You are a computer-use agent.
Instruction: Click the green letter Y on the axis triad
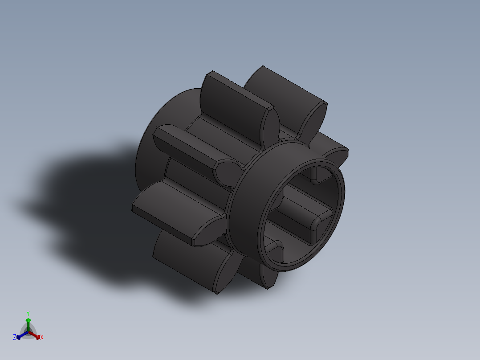pyautogui.click(x=28, y=313)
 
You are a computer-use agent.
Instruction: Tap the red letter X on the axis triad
pyautogui.click(x=42, y=337)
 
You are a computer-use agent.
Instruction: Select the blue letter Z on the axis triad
pyautogui.click(x=15, y=337)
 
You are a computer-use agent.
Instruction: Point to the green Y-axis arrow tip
pyautogui.click(x=28, y=320)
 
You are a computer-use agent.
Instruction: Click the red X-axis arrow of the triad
pyautogui.click(x=37, y=335)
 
